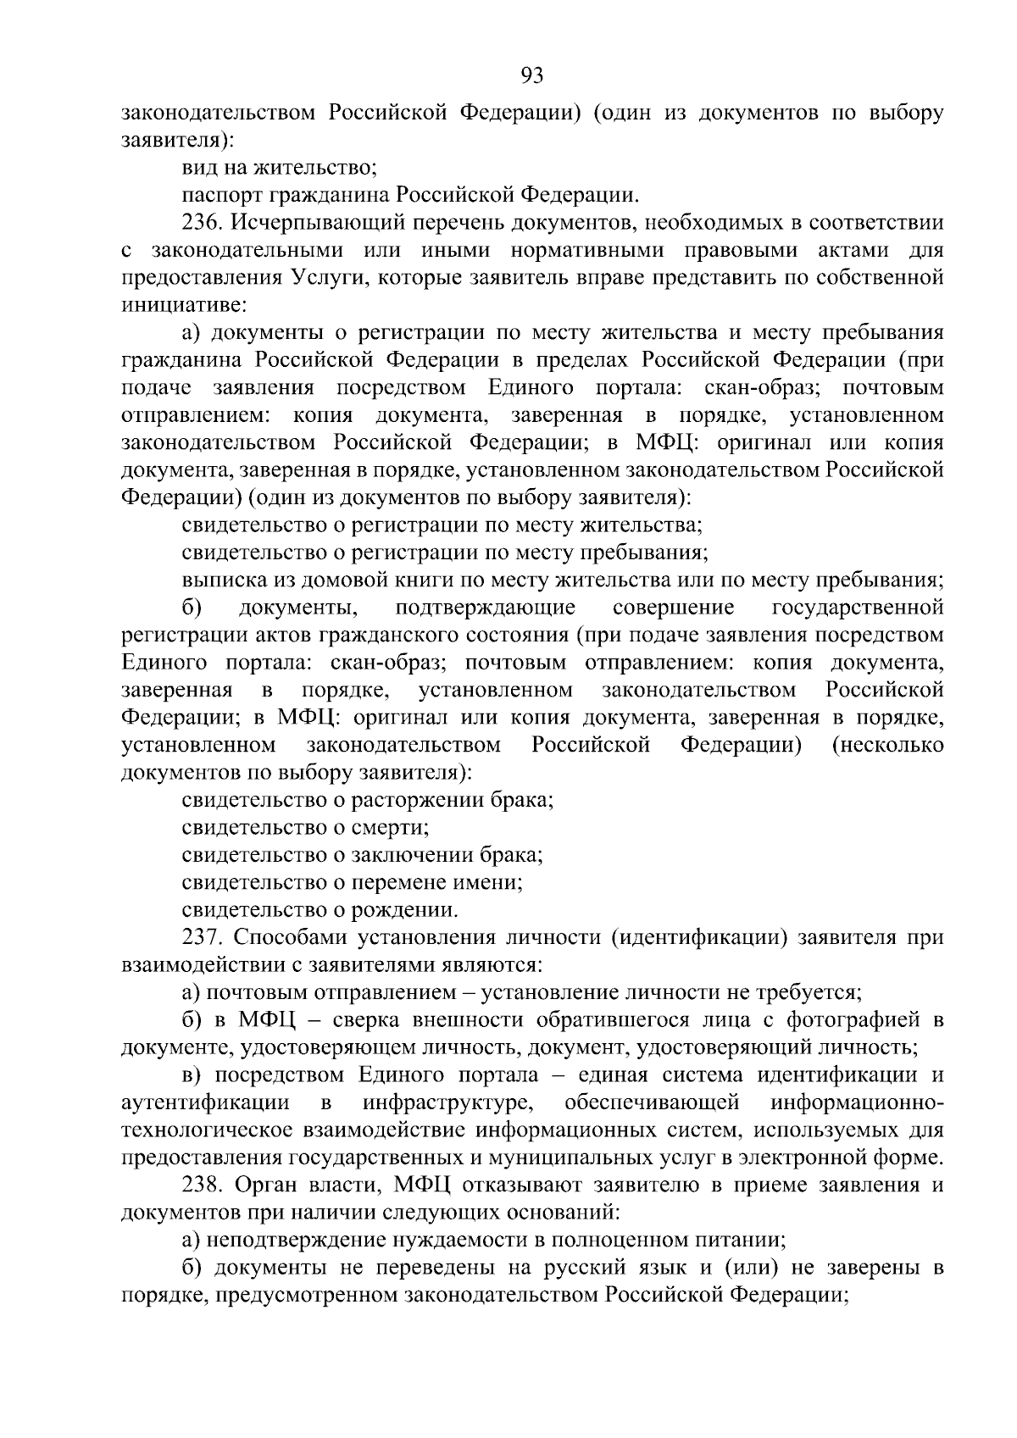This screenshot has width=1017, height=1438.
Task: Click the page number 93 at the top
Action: tap(531, 77)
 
